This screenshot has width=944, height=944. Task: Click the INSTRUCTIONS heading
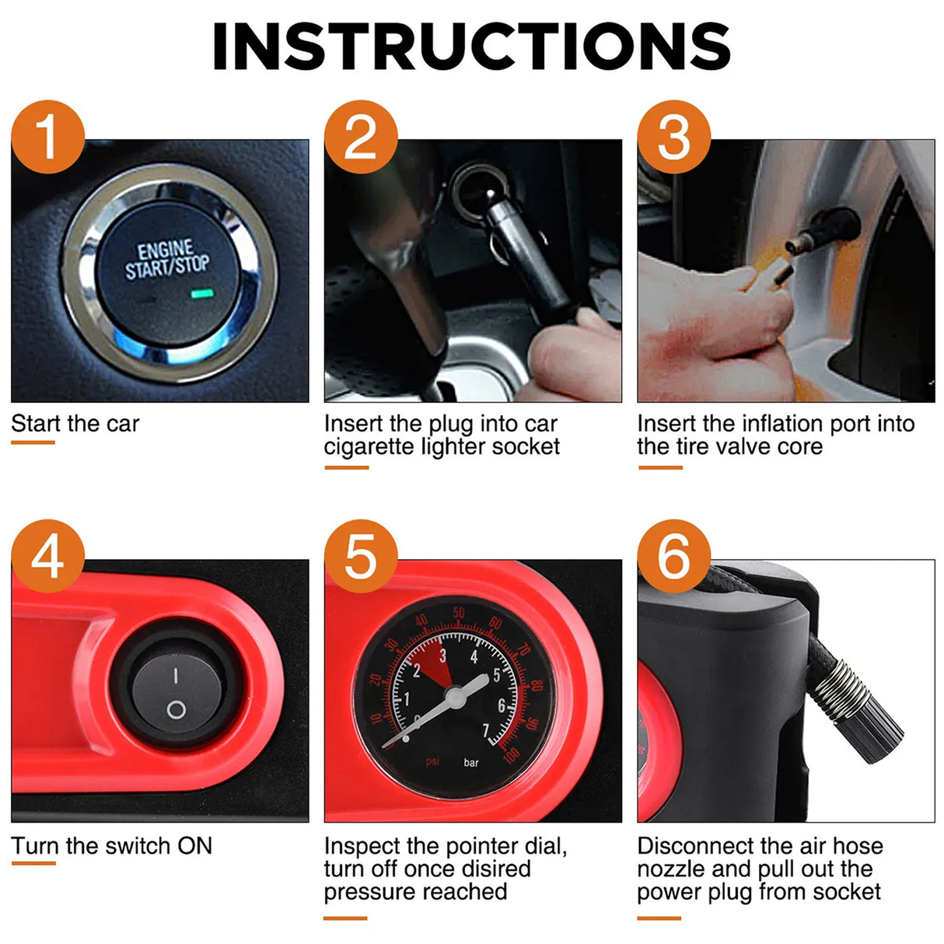[471, 47]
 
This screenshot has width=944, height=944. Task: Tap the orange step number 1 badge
[47, 137]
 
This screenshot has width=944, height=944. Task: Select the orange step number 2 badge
[361, 137]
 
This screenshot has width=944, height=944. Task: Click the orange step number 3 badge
[674, 137]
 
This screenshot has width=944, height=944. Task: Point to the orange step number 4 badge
[47, 557]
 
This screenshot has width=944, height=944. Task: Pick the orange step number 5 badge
[361, 557]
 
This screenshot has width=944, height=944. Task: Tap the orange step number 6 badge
[674, 557]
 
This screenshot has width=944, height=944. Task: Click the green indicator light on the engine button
[202, 294]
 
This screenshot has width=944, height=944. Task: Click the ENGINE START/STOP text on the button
[167, 259]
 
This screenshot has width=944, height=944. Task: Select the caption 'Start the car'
[75, 424]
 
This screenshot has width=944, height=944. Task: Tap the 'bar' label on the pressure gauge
[471, 763]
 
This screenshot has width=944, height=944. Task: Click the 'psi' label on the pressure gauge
[433, 761]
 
